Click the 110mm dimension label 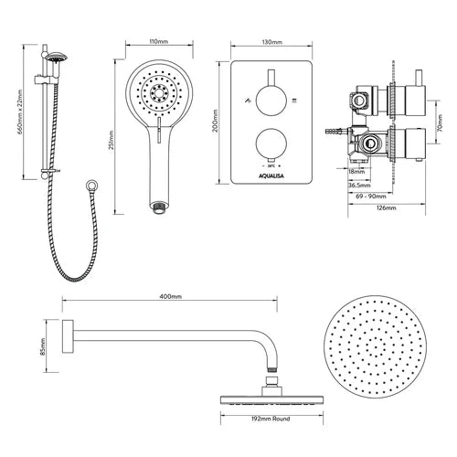click(159, 41)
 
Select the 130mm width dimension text click(271, 42)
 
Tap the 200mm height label click(216, 121)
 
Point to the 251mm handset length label click(112, 140)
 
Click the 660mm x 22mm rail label click(20, 112)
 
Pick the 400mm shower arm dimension click(171, 296)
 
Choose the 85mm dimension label click(43, 346)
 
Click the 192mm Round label click(271, 419)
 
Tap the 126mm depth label click(387, 207)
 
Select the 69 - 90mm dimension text click(371, 197)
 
